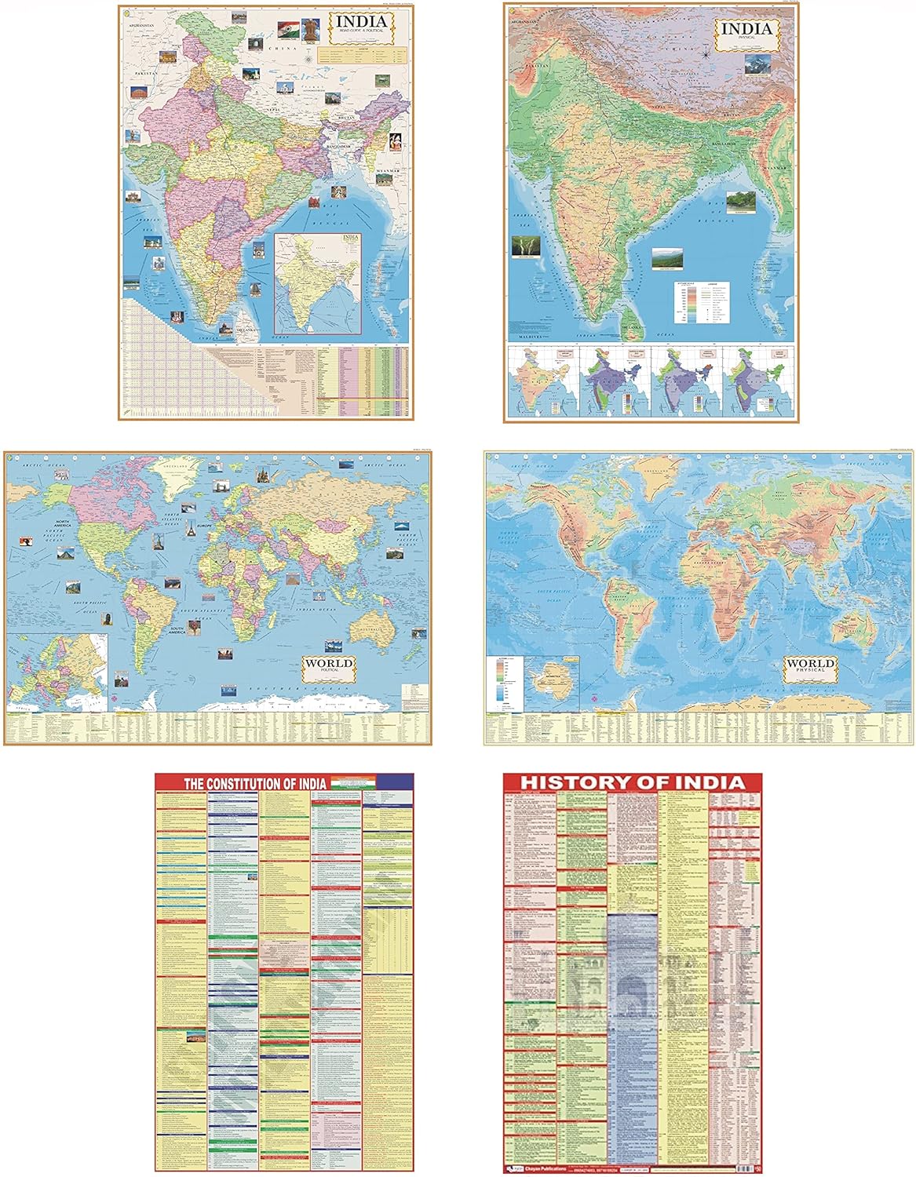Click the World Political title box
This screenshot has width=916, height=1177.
(x=330, y=668)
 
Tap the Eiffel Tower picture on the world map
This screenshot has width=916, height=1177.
(x=189, y=529)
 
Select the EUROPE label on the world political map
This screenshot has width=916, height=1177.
(x=205, y=524)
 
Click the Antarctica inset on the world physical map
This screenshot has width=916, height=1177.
(x=546, y=677)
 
